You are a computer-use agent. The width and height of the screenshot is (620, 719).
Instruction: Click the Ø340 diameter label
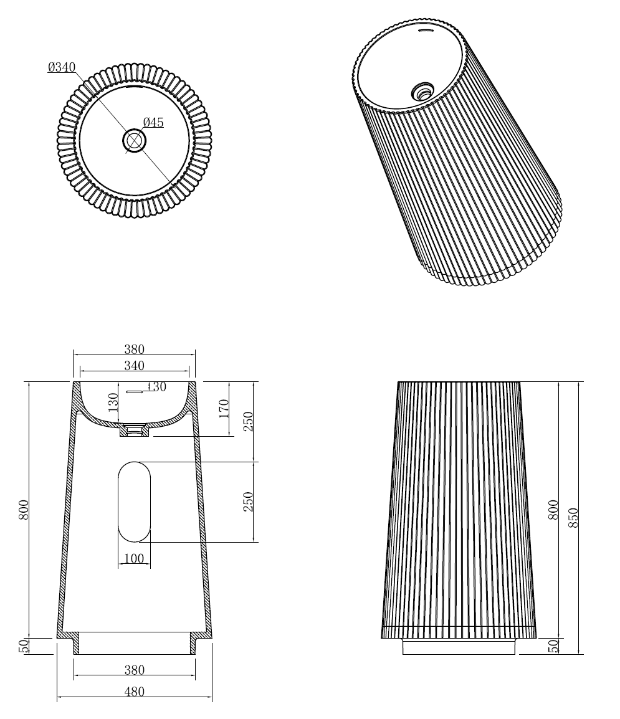[62, 67]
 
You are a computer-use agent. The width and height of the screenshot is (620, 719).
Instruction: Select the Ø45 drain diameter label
[153, 123]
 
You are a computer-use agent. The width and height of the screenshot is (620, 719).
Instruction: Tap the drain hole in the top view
[134, 140]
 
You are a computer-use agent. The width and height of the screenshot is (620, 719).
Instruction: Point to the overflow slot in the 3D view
[426, 30]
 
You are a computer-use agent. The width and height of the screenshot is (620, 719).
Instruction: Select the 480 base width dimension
[134, 692]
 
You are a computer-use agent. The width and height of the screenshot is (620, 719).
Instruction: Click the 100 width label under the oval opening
[134, 559]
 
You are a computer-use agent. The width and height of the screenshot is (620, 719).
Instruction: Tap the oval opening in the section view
[134, 502]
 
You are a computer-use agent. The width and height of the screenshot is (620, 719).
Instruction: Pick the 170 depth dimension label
[224, 408]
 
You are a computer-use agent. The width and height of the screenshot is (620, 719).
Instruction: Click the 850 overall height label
[573, 517]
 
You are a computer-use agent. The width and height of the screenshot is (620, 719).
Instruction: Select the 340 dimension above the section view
[134, 366]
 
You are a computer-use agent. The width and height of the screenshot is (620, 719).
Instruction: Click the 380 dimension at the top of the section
[134, 350]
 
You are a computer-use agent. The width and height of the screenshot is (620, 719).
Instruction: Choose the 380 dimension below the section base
[134, 670]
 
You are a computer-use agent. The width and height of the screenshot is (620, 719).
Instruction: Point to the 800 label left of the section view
[24, 510]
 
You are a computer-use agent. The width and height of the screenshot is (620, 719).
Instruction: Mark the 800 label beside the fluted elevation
[553, 510]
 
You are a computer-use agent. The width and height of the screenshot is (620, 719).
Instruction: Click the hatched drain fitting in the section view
[134, 430]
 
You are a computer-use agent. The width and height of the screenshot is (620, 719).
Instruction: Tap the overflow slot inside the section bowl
[135, 391]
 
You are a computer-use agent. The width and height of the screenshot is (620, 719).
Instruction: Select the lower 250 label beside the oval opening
[248, 502]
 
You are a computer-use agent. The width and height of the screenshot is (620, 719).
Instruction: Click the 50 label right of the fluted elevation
[553, 646]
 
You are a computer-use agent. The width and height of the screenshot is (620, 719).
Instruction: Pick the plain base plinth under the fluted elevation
[459, 647]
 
